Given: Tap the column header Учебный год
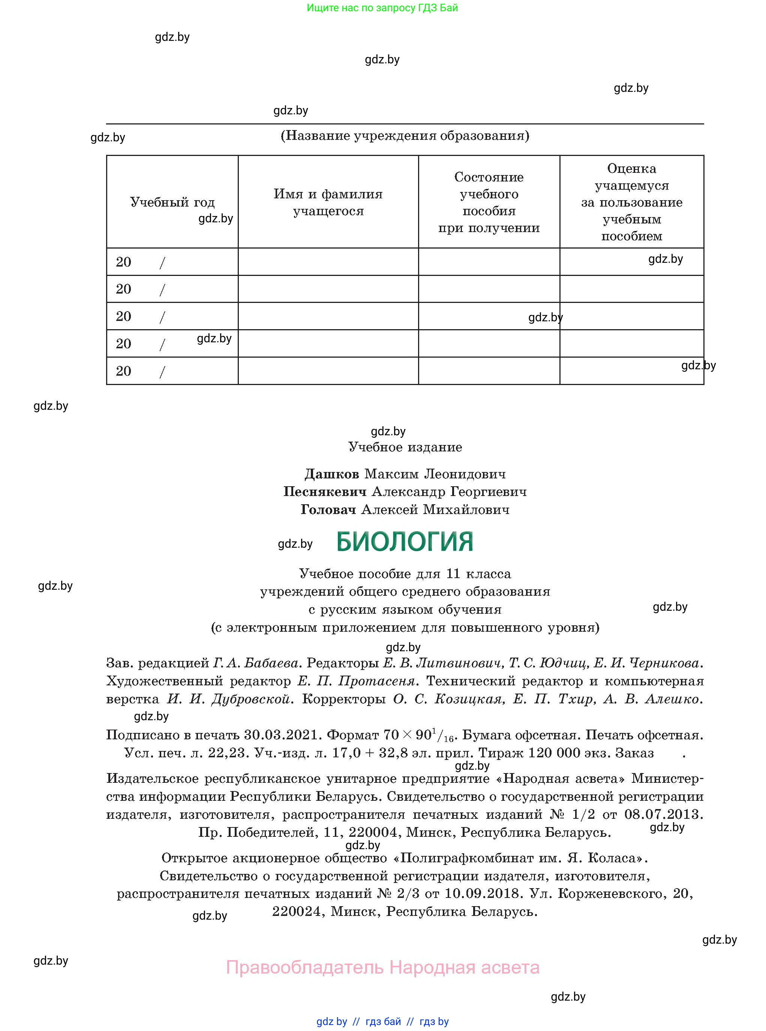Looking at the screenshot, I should pyautogui.click(x=172, y=202).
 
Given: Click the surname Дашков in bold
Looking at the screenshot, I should pyautogui.click(x=331, y=474).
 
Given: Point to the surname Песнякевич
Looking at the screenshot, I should pyautogui.click(x=325, y=492).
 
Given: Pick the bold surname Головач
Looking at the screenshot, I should pyautogui.click(x=328, y=510).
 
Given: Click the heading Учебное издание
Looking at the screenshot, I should pyautogui.click(x=405, y=447).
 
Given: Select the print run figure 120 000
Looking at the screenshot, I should pyautogui.click(x=554, y=753).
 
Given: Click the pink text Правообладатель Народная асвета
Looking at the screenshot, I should pyautogui.click(x=382, y=968).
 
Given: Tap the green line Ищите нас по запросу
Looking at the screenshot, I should pyautogui.click(x=382, y=8).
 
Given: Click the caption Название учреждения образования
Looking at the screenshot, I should pyautogui.click(x=405, y=135).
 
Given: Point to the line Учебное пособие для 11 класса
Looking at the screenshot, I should pyautogui.click(x=405, y=574).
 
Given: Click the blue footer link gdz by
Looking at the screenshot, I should pyautogui.click(x=331, y=1021).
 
